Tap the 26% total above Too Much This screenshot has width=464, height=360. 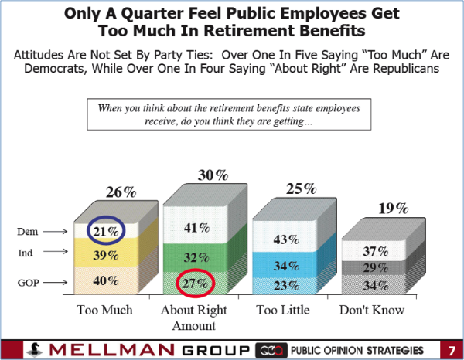(x=112, y=190)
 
